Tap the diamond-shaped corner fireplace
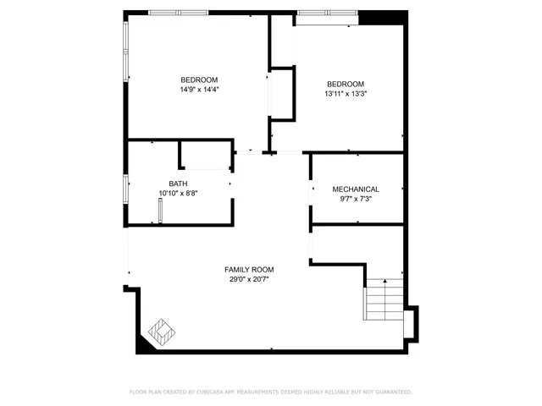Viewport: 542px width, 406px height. pos(161,331)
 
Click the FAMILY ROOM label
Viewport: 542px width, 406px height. pos(249,269)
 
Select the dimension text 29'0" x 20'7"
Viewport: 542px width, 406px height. pos(251,280)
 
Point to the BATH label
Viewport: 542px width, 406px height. pos(178,184)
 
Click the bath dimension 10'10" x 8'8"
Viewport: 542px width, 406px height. pos(179,194)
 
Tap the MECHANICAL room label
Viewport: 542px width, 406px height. pos(356,189)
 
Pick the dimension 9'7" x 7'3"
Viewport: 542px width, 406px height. pos(356,199)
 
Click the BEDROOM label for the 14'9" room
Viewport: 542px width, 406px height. pos(199,80)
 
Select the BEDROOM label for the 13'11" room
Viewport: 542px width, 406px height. pos(346,84)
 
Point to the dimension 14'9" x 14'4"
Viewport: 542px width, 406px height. pos(199,90)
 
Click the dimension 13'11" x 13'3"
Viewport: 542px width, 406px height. pos(346,94)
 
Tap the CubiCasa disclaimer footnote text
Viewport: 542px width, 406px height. pos(271,392)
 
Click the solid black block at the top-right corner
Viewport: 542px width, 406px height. pos(370,18)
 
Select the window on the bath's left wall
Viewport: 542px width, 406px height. pos(126,188)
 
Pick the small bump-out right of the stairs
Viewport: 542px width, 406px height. pos(410,321)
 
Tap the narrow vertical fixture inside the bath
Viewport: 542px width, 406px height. pos(159,210)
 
